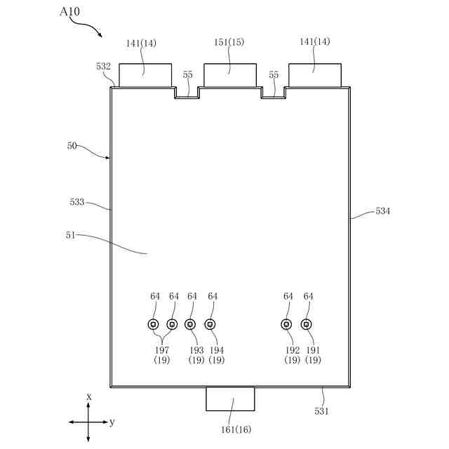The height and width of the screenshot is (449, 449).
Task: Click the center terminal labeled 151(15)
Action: click(x=229, y=74)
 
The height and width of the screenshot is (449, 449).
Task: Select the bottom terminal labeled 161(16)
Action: click(x=230, y=398)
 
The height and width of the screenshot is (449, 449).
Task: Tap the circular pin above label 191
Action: click(x=306, y=324)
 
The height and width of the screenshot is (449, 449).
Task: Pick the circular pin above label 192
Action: click(x=286, y=324)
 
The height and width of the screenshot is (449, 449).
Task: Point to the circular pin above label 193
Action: click(x=190, y=324)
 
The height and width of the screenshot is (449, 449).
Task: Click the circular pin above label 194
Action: click(x=210, y=324)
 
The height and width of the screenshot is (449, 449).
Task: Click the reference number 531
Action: click(x=321, y=411)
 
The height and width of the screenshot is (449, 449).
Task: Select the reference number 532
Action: click(x=103, y=67)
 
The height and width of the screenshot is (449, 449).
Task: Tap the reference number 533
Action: click(x=77, y=202)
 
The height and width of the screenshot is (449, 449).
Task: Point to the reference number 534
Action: click(x=383, y=210)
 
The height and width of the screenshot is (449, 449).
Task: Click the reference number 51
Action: click(x=69, y=236)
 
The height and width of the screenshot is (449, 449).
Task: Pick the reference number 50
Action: click(x=72, y=146)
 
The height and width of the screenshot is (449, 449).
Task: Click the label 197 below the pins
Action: click(x=162, y=349)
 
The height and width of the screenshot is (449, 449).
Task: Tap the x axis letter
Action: click(x=89, y=396)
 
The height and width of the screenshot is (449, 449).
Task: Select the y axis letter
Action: click(x=112, y=422)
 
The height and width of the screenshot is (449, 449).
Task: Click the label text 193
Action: click(x=196, y=349)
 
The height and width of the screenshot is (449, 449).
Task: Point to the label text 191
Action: click(x=314, y=349)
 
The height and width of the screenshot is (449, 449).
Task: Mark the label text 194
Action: click(x=217, y=349)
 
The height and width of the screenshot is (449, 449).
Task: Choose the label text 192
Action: click(x=293, y=349)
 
